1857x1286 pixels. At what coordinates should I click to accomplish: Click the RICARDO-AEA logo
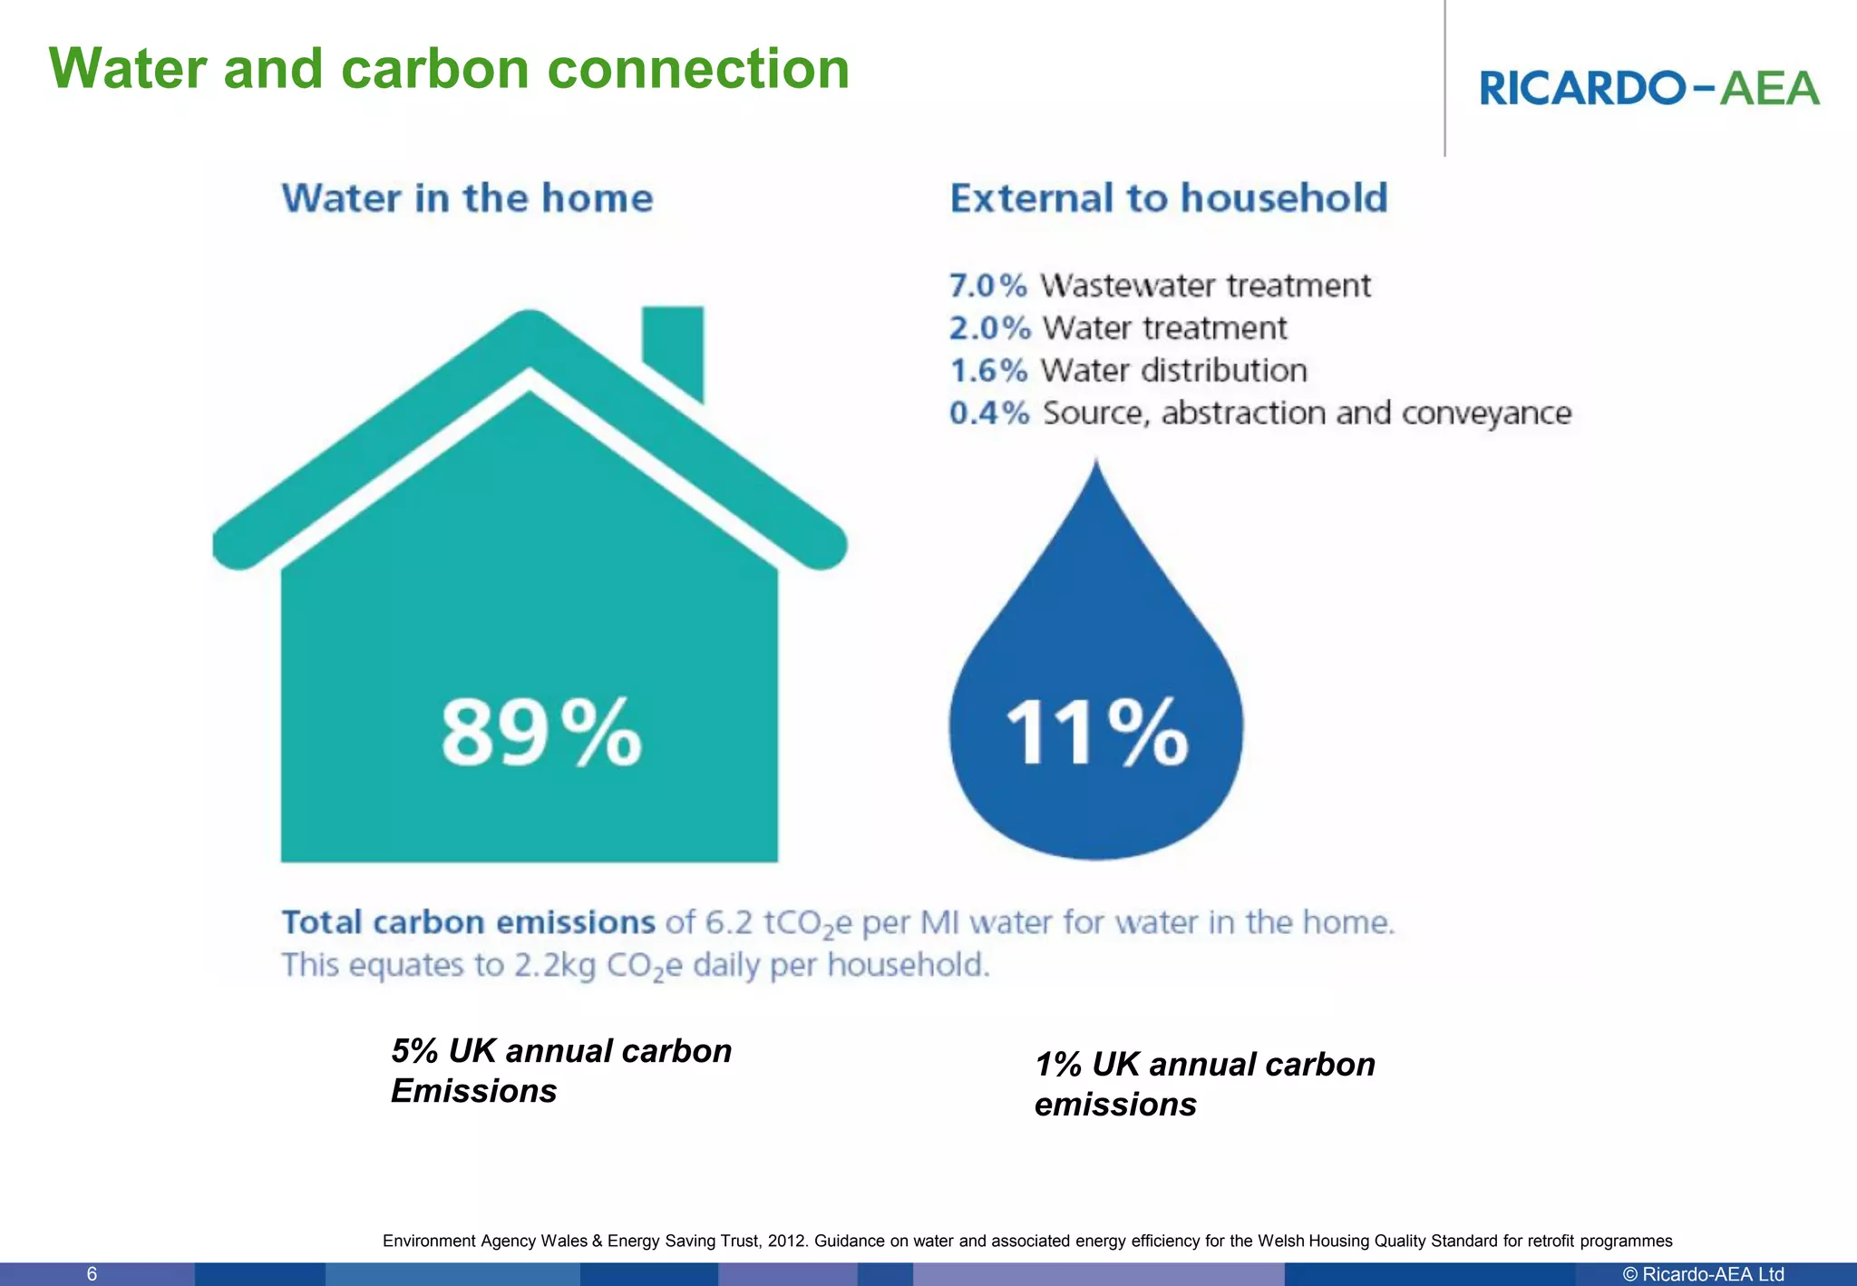point(1648,88)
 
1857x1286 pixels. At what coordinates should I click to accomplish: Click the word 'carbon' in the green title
point(435,69)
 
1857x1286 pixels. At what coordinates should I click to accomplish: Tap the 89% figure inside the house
point(541,733)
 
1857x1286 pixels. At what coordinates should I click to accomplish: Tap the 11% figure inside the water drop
point(1096,733)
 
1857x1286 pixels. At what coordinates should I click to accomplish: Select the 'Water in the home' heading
point(467,199)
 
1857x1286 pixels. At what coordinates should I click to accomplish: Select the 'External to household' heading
point(1168,199)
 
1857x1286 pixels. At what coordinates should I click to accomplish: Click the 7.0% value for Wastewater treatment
point(987,286)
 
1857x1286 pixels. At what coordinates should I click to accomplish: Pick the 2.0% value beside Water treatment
point(989,328)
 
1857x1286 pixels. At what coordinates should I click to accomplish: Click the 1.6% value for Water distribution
point(987,371)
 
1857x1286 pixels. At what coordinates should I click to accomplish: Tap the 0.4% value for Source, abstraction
point(989,414)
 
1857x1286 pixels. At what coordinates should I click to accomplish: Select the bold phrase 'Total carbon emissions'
point(468,922)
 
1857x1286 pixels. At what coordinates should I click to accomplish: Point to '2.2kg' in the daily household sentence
point(555,965)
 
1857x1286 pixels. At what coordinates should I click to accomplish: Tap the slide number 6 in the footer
point(92,1274)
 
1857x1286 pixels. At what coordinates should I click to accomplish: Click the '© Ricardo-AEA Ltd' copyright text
point(1703,1274)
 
